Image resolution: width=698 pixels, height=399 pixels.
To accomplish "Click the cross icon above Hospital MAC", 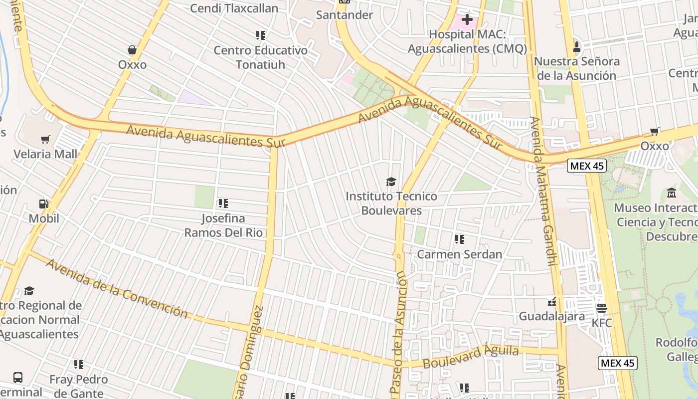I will pyautogui.click(x=467, y=20).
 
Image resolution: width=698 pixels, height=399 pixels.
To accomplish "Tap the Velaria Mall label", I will pyautogui.click(x=45, y=154).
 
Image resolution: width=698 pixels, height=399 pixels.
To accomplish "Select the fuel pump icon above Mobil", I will pyautogui.click(x=44, y=204).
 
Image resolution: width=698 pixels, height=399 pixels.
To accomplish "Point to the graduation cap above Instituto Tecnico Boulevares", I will pyautogui.click(x=391, y=182).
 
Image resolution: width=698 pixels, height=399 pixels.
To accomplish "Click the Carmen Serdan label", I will pyautogui.click(x=459, y=254).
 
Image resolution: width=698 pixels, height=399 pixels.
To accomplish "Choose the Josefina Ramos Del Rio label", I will pyautogui.click(x=223, y=225).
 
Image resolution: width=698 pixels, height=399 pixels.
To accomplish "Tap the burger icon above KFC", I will pyautogui.click(x=601, y=308).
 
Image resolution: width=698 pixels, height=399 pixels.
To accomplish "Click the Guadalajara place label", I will pyautogui.click(x=551, y=316).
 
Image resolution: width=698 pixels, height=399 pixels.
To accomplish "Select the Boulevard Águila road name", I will pyautogui.click(x=471, y=356).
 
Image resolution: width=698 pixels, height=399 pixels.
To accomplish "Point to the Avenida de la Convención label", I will pyautogui.click(x=117, y=288).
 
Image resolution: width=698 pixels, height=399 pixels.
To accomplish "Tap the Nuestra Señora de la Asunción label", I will pyautogui.click(x=577, y=68).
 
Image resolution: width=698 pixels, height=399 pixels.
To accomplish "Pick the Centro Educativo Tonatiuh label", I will pyautogui.click(x=260, y=57).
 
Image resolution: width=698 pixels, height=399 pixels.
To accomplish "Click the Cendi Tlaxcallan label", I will pyautogui.click(x=234, y=8).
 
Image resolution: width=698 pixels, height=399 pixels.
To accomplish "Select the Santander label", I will pyautogui.click(x=345, y=15).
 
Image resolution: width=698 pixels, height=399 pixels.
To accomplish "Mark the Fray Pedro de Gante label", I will pyautogui.click(x=78, y=386).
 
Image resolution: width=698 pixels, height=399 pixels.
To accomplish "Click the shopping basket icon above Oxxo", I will pyautogui.click(x=132, y=50).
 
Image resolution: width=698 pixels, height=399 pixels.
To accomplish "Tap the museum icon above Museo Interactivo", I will pyautogui.click(x=671, y=193).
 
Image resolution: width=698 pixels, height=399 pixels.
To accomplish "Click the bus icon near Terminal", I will pyautogui.click(x=18, y=377).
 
